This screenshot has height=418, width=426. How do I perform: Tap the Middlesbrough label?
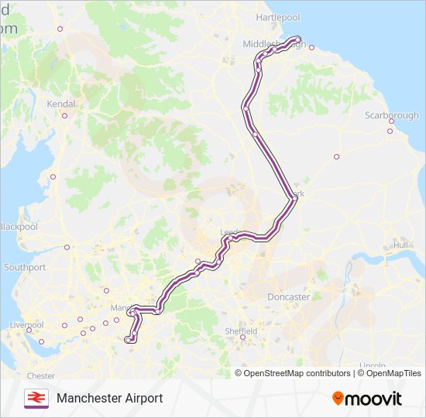click(271, 44)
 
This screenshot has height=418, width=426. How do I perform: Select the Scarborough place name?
click(391, 115)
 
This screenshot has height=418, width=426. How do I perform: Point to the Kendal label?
click(61, 103)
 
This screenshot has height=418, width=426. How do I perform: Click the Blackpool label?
click(18, 227)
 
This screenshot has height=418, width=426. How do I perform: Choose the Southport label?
click(25, 267)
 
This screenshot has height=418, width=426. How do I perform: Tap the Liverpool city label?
click(27, 324)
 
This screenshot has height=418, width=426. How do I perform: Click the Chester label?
click(41, 376)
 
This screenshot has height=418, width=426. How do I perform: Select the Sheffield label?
click(241, 331)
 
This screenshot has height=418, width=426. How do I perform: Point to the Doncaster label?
click(288, 296)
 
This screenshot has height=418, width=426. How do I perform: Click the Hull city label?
click(400, 245)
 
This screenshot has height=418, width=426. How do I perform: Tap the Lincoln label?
click(373, 365)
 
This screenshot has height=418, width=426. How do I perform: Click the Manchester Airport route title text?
click(109, 398)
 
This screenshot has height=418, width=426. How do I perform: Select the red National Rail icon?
click(35, 398)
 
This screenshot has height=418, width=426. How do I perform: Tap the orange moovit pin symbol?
click(338, 398)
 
